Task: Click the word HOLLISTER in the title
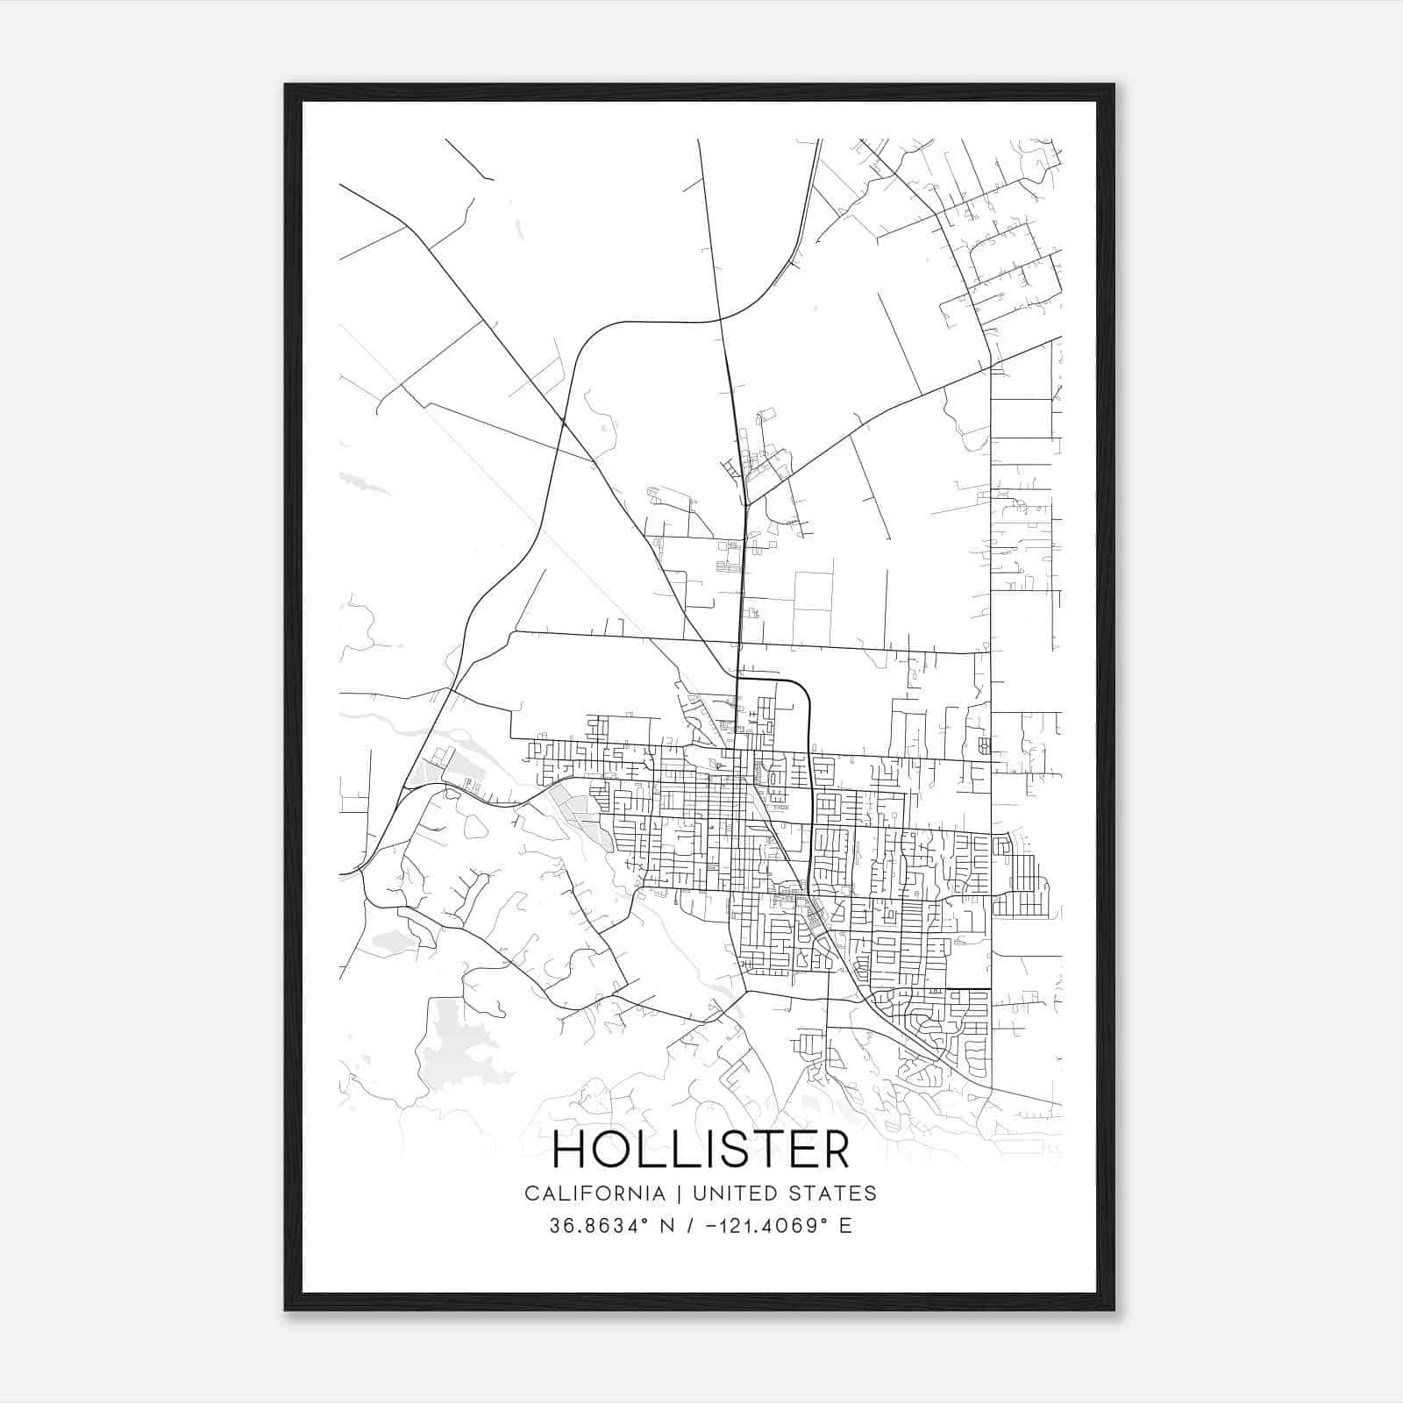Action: [701, 1150]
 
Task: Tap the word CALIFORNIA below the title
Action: [594, 1193]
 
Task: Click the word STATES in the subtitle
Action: [837, 1193]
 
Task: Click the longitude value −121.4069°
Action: [767, 1226]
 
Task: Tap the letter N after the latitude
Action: [666, 1226]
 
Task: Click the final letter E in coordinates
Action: [845, 1226]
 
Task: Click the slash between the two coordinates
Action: [689, 1226]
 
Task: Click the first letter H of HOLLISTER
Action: [570, 1150]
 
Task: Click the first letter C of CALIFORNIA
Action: [531, 1193]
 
